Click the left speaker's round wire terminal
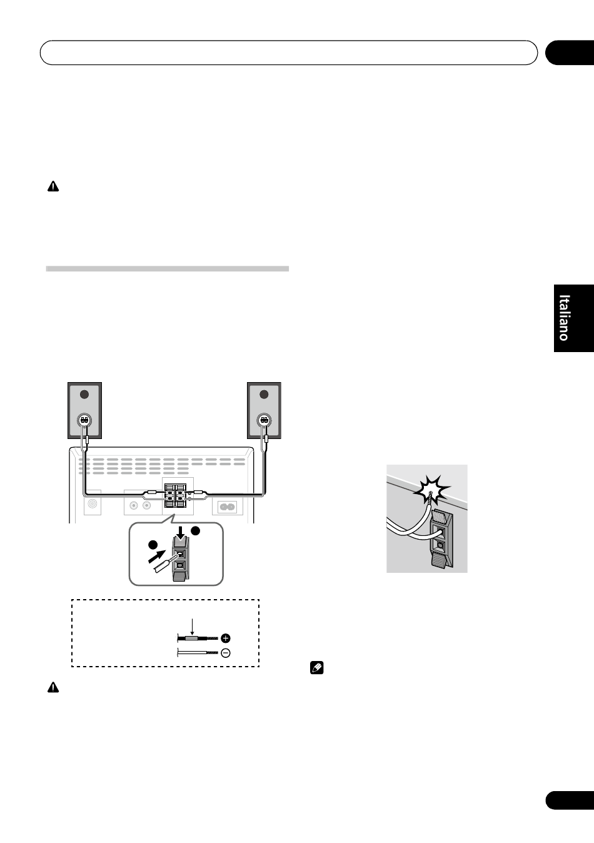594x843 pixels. point(84,420)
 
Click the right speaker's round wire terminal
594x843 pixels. point(264,420)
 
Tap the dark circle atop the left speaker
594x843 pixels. point(84,395)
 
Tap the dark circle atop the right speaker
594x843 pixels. point(264,395)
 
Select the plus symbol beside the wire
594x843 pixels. point(226,639)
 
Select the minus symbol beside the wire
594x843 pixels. point(226,653)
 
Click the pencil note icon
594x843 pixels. point(316,669)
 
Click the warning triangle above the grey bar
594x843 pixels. point(53,187)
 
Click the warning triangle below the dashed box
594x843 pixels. point(53,687)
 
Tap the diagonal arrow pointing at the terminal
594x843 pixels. point(157,556)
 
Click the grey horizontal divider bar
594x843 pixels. point(168,269)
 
